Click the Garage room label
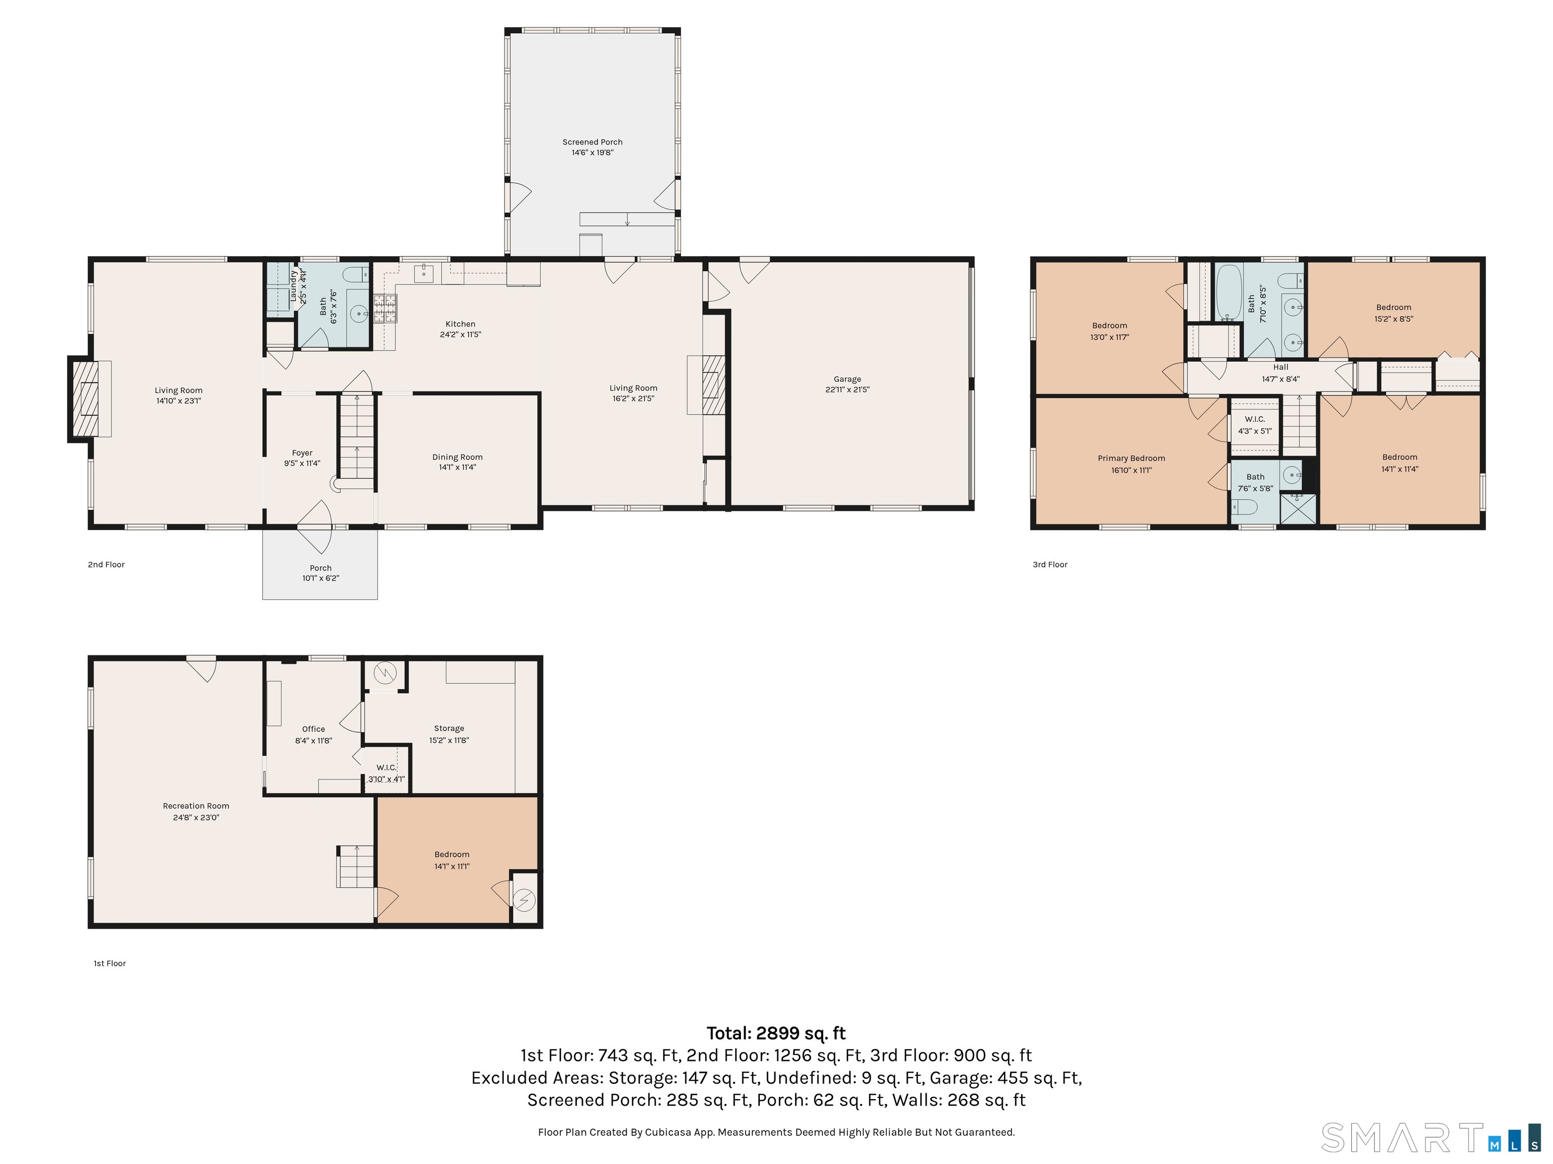pyautogui.click(x=847, y=379)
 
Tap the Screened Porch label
pyautogui.click(x=592, y=142)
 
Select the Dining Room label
pyautogui.click(x=457, y=457)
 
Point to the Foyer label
pyautogui.click(x=303, y=453)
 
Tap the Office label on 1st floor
pyautogui.click(x=314, y=729)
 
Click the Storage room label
pyautogui.click(x=449, y=729)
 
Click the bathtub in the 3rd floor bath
pyautogui.click(x=1228, y=292)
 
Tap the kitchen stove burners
pyautogui.click(x=385, y=308)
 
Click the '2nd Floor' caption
pyautogui.click(x=106, y=565)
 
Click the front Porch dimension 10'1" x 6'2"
pyautogui.click(x=321, y=578)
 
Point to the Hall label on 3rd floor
pyautogui.click(x=1281, y=367)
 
